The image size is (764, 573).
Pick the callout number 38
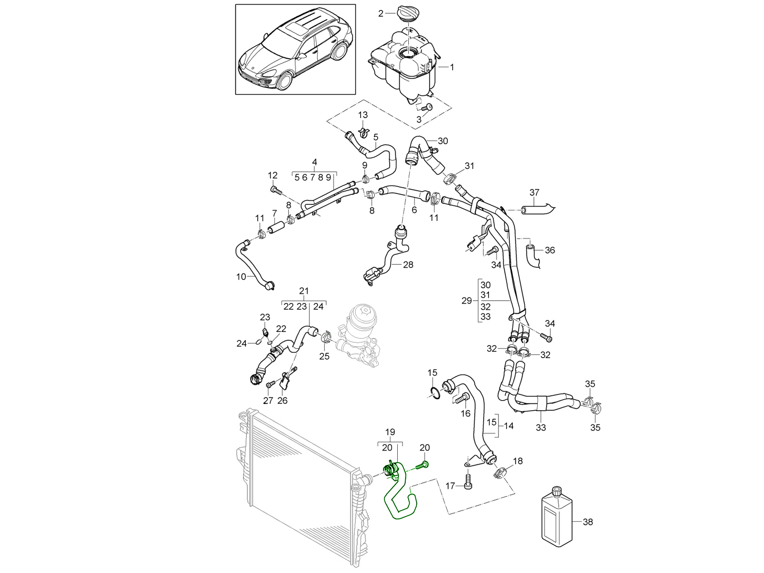588,522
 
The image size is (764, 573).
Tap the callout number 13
363,115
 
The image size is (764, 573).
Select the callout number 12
273,175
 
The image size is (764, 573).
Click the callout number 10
241,276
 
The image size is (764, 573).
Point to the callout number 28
408,265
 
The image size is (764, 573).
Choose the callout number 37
534,192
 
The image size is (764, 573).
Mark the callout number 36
550,250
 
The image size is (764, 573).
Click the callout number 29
467,300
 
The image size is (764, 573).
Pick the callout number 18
518,461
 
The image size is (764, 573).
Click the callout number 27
268,400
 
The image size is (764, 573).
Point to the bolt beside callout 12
275,191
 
